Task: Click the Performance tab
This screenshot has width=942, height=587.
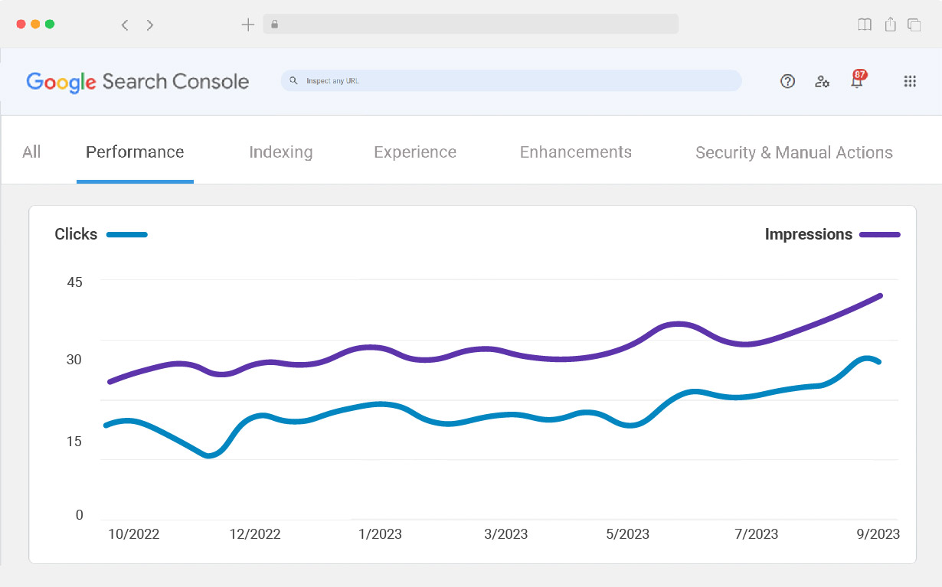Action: coord(135,152)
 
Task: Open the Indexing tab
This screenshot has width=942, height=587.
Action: coord(281,152)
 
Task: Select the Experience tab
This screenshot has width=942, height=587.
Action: coord(415,152)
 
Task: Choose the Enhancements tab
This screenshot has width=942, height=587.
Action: coord(576,152)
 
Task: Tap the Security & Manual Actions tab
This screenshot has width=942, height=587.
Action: coord(794,153)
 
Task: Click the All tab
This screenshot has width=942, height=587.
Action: coord(31,152)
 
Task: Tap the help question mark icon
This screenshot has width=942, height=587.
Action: coord(787,81)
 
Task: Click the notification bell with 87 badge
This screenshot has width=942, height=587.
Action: coord(857,80)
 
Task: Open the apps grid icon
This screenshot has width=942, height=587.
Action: coord(910,81)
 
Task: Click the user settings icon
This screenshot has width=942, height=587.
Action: coord(822,81)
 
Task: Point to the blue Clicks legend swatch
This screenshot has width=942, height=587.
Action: coord(127,235)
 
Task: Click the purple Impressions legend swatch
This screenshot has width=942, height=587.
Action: coord(880,235)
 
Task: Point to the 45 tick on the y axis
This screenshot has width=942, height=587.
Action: coord(74,282)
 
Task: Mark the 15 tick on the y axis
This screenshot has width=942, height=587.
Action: coord(74,441)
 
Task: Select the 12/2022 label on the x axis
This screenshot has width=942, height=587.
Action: coord(255,534)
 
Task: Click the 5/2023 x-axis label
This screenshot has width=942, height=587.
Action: coord(627,534)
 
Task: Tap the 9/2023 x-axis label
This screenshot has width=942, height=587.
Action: coord(878,534)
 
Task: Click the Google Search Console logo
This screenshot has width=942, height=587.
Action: coord(138,82)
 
